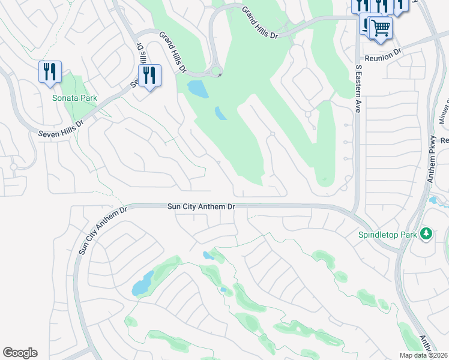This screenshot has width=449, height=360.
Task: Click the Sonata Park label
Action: pos(74,98)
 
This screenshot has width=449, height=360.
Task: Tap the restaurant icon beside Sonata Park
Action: pos(50,72)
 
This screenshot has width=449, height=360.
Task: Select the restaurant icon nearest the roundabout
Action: pos(149,76)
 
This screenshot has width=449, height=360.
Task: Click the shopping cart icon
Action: pos(379,28)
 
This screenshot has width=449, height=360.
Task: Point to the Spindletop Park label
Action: pos(387,235)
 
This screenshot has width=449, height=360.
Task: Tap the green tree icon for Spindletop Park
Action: pos(426,233)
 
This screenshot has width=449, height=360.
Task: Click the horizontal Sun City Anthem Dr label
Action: pos(200,206)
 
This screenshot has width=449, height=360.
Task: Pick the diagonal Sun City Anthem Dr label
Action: pos(103,230)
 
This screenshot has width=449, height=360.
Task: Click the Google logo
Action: pos(20,353)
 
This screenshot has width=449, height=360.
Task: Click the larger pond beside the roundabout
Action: pos(197,89)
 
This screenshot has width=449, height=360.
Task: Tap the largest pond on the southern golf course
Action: pos(142,283)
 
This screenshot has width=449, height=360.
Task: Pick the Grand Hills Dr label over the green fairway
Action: pos(260,23)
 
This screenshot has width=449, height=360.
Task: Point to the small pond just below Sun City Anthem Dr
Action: pos(208,255)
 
